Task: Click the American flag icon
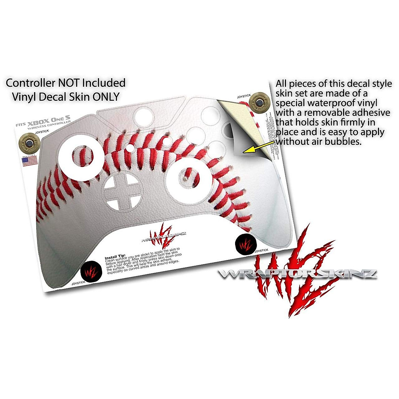click(29, 162)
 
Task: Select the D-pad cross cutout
click(121, 193)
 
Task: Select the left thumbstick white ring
click(81, 156)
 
